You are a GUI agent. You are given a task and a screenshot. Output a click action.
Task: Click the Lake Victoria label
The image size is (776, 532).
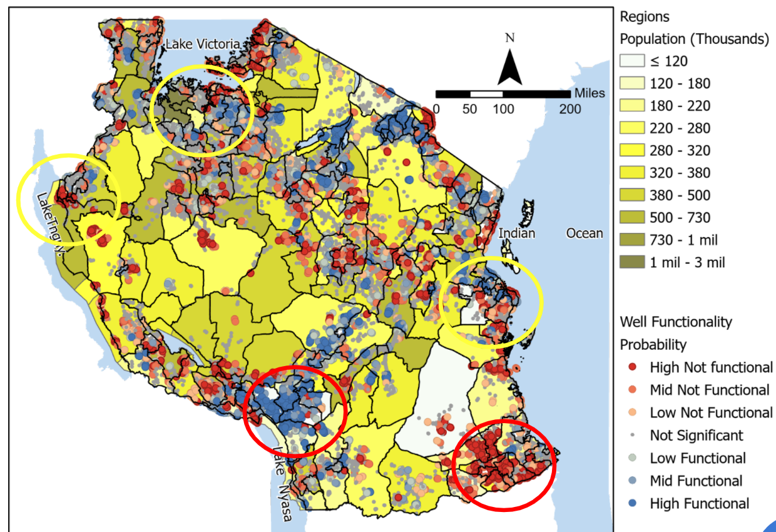point(202,44)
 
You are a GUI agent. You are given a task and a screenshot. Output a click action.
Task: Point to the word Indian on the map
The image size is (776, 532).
point(517,233)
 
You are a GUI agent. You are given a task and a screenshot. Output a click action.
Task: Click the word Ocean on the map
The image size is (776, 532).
point(585,233)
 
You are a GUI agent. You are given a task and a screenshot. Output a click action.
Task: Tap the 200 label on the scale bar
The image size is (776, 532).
point(569,109)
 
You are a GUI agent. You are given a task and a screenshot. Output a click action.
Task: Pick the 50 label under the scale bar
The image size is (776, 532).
point(469,109)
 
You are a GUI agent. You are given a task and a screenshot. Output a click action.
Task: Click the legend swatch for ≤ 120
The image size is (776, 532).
point(630,61)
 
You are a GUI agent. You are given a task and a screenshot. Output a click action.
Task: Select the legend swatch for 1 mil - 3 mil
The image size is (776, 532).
point(630,262)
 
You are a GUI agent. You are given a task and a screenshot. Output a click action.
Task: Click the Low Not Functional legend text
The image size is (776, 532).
point(711,412)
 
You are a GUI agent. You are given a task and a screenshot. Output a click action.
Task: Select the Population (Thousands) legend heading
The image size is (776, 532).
point(694,39)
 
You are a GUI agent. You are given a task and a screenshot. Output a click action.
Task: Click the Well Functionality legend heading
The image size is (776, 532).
point(676,322)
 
